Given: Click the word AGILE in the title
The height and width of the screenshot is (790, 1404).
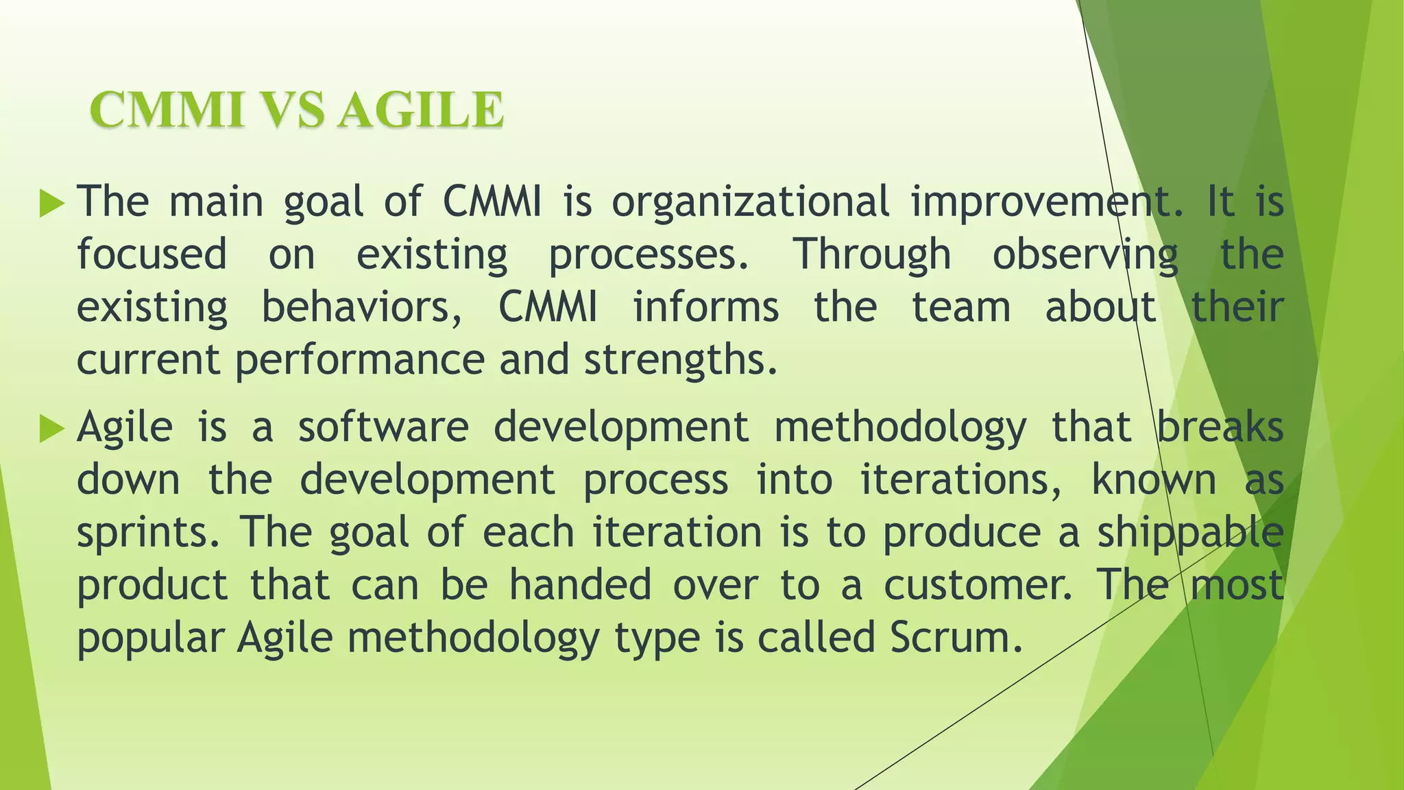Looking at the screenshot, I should coord(421,110).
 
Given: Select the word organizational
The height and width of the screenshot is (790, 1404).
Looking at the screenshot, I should coord(750,203).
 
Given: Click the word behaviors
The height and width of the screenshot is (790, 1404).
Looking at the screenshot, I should coord(362,307).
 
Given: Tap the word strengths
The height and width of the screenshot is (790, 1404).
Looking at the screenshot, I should coord(680,360).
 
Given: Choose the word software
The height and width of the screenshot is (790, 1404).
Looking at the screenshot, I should coord(383,427).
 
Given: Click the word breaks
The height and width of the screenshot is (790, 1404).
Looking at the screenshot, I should coord(1220,427).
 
